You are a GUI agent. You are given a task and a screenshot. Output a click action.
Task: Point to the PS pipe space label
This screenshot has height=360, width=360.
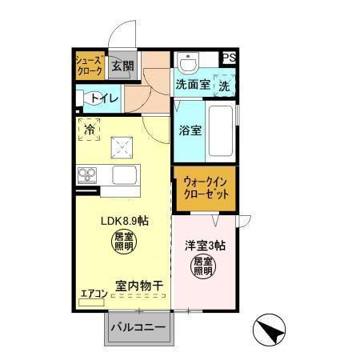(230, 58)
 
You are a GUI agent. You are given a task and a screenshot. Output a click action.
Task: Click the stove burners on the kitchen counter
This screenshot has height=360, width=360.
(87, 174)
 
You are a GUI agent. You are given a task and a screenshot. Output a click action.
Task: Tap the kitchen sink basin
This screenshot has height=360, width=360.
(126, 174)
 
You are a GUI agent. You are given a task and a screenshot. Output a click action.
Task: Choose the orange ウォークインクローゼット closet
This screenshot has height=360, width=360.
(206, 188)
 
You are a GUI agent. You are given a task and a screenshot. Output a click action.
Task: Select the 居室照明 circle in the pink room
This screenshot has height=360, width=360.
(202, 266)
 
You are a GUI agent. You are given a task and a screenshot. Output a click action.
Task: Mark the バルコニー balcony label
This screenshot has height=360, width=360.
(138, 328)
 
